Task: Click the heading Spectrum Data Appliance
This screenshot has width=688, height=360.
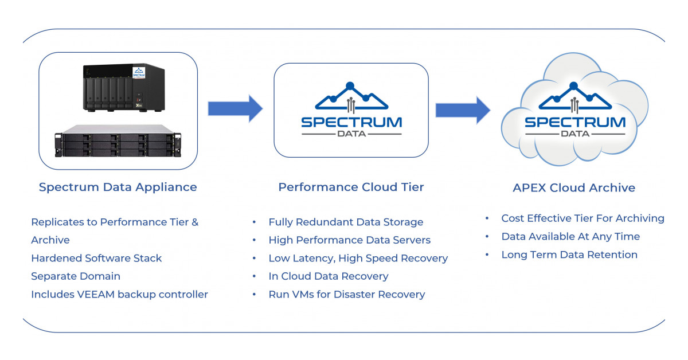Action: click(x=118, y=187)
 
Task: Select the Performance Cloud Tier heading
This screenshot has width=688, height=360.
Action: click(x=351, y=187)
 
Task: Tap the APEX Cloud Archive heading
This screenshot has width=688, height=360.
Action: click(x=574, y=187)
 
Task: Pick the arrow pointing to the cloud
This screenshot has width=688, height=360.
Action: click(x=462, y=109)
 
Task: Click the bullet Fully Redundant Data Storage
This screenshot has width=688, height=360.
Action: click(x=346, y=222)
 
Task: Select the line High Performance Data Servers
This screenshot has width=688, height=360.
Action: click(x=349, y=240)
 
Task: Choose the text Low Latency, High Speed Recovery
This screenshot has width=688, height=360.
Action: click(x=358, y=258)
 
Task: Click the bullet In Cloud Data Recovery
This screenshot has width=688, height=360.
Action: click(x=328, y=276)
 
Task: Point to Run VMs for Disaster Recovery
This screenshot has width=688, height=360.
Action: click(x=346, y=295)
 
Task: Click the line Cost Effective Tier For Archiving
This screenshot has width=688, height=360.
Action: click(x=583, y=218)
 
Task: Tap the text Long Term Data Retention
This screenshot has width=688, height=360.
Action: click(x=569, y=255)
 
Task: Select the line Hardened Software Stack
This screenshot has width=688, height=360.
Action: click(x=96, y=258)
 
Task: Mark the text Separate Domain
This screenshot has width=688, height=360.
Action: click(x=76, y=276)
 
